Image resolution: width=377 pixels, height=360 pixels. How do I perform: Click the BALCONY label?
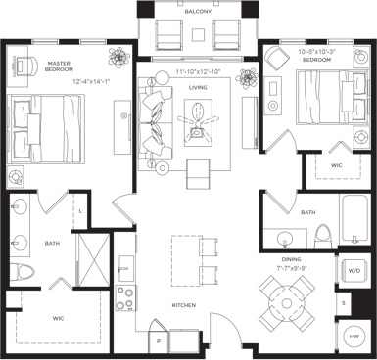pyautogui.click(x=197, y=12)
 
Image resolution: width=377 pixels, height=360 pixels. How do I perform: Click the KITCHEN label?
pyautogui.click(x=184, y=305)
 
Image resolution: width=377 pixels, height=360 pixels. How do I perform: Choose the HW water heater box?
pyautogui.click(x=353, y=336)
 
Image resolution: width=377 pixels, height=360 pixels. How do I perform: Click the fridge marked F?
pyautogui.click(x=161, y=341)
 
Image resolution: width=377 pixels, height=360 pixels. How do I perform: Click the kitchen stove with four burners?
pyautogui.click(x=126, y=296)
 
